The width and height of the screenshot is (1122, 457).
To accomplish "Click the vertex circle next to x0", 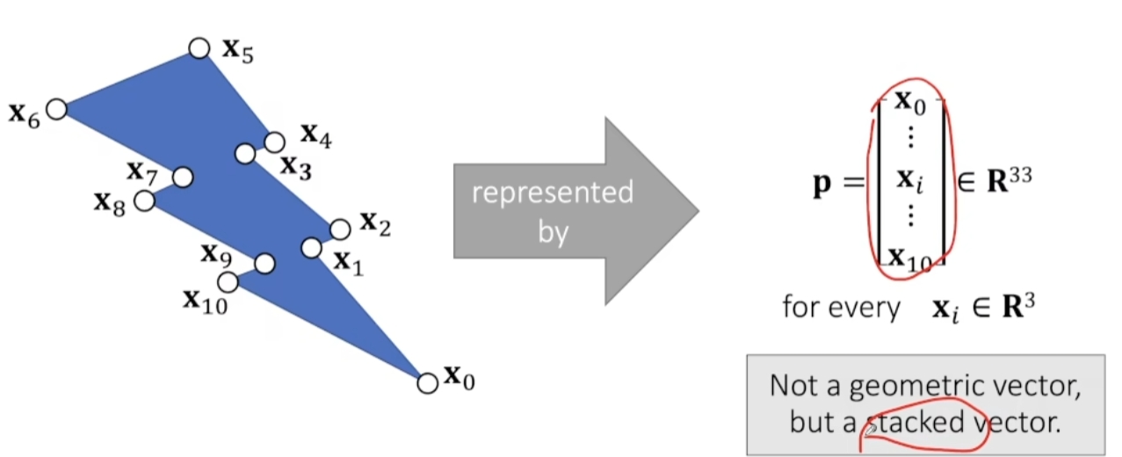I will point(427,383).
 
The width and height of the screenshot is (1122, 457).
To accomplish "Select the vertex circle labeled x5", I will point(199,48).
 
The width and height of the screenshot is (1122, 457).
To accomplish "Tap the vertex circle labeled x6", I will point(56,109).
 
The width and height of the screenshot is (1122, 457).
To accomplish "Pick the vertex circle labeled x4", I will point(274,141).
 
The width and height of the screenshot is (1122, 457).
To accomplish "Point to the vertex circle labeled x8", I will point(144,200).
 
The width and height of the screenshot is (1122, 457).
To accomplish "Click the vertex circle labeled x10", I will point(228,282).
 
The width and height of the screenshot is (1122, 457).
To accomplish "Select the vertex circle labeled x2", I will point(340,229).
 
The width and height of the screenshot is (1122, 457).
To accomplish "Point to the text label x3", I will point(296,166).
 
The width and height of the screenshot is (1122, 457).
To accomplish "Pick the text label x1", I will point(345,261).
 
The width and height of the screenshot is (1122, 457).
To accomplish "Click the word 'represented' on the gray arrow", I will point(552,192).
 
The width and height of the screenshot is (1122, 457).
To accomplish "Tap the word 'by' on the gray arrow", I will point(553,233).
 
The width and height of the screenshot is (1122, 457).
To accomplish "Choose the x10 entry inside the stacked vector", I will point(909,258).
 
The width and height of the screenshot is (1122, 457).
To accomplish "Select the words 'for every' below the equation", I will point(842,308).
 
